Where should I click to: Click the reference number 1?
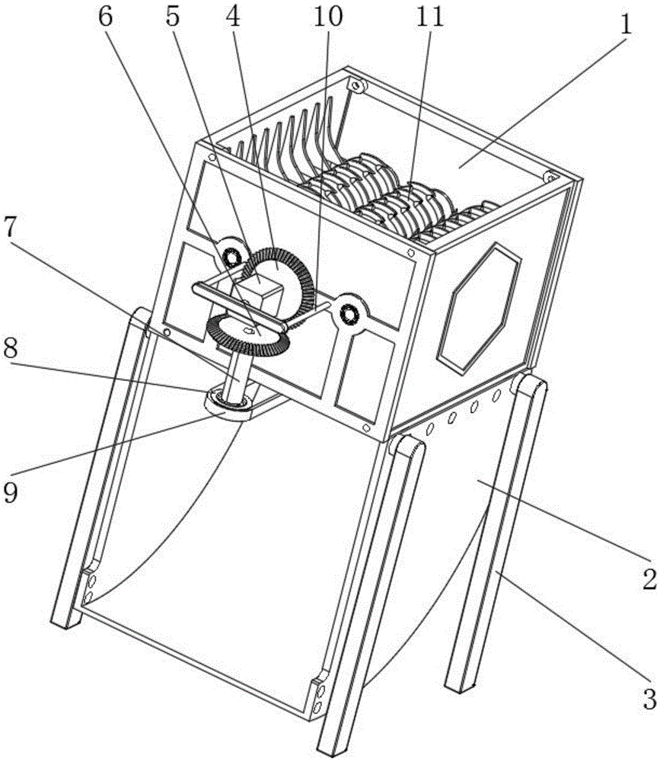click(x=625, y=24)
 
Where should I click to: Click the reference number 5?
click(x=177, y=18)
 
